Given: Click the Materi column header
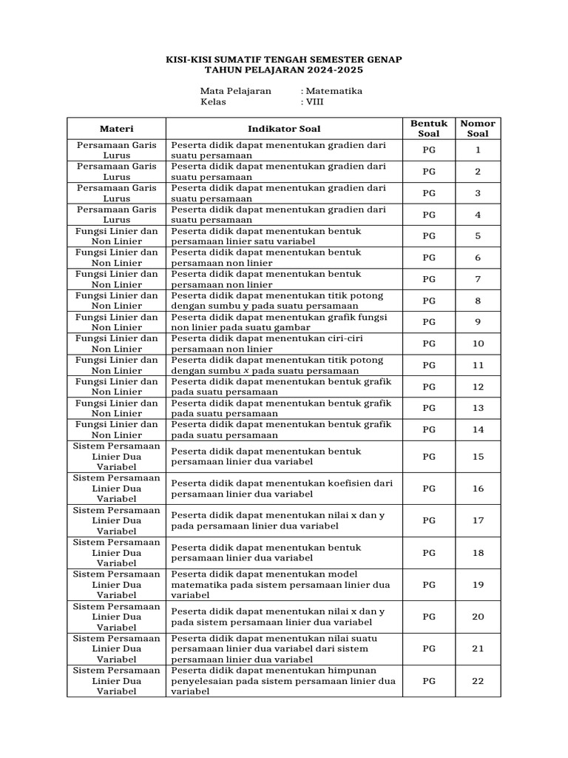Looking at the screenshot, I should tap(116, 128).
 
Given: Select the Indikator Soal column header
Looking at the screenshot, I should tap(284, 128).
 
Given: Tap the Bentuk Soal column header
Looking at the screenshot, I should tap(429, 128).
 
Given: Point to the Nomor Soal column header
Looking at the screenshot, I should tap(478, 128).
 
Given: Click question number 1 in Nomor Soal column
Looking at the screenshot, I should tap(478, 150).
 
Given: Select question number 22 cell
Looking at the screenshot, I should tap(478, 680).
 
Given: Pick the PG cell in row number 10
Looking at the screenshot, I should tap(429, 343).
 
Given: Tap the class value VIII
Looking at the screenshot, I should tap(315, 102).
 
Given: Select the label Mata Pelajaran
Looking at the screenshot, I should tap(235, 91).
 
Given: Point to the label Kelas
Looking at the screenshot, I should tap(213, 102).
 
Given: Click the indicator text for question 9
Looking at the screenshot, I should tap(280, 322).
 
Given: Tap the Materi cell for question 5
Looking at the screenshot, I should tap(116, 236).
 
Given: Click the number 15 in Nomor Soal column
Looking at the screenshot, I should tap(478, 457).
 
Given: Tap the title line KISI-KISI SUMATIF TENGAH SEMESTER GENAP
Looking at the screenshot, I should tap(284, 58).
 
